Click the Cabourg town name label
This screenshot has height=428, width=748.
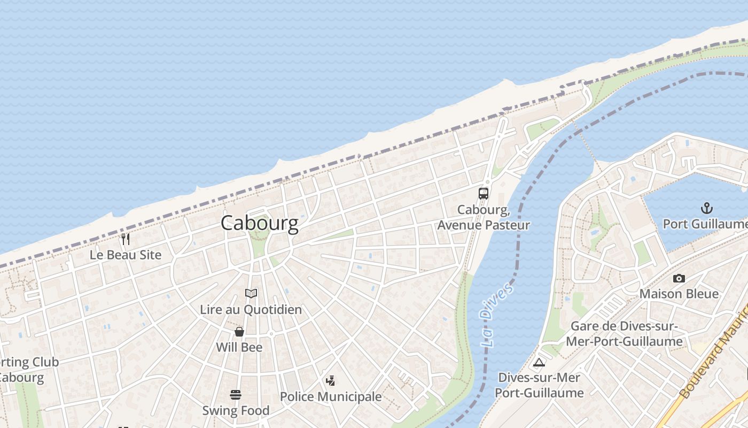point(259,223)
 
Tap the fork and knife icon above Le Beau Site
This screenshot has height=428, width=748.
point(126,239)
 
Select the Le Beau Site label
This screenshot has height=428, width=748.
point(126,255)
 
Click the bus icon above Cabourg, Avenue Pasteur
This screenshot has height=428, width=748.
point(484,194)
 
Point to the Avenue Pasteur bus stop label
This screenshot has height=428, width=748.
point(484,217)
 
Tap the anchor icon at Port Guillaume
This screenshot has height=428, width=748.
point(707,208)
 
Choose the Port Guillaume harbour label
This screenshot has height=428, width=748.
point(705,224)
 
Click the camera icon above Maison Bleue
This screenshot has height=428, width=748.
point(679,278)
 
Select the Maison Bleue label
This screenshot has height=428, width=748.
point(679,294)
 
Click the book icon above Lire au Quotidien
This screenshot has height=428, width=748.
point(251,293)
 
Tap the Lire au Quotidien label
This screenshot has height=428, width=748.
point(251,309)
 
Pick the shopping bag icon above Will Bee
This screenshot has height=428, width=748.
point(239,332)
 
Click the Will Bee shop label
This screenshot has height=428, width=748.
point(239,347)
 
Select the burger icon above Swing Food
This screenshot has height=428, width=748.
point(236,395)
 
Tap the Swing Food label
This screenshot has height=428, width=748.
point(236,410)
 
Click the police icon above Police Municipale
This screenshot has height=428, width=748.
point(331,381)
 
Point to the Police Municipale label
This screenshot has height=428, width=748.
point(331,396)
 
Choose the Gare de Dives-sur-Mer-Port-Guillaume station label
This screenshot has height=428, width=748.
point(624,334)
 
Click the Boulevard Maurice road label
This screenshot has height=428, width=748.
point(713,356)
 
